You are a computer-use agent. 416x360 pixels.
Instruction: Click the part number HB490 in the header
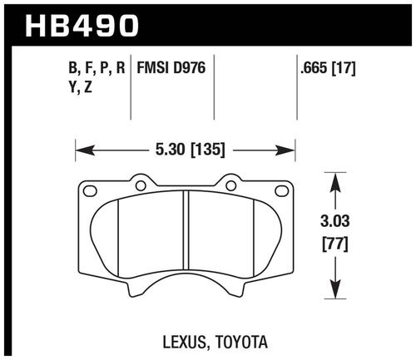[82, 26]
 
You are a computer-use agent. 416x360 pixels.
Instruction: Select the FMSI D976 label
[171, 67]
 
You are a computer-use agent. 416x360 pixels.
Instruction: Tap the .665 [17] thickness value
[328, 68]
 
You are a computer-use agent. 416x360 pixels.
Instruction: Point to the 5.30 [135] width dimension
[190, 150]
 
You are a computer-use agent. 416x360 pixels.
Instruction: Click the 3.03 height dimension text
[335, 221]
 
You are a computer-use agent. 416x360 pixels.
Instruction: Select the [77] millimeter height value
[335, 244]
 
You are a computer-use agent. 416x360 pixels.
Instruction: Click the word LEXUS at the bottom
[185, 342]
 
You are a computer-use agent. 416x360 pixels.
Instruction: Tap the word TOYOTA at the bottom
[241, 342]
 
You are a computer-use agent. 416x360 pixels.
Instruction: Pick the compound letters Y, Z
[80, 88]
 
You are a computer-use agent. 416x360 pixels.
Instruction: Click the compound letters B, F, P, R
[97, 68]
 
